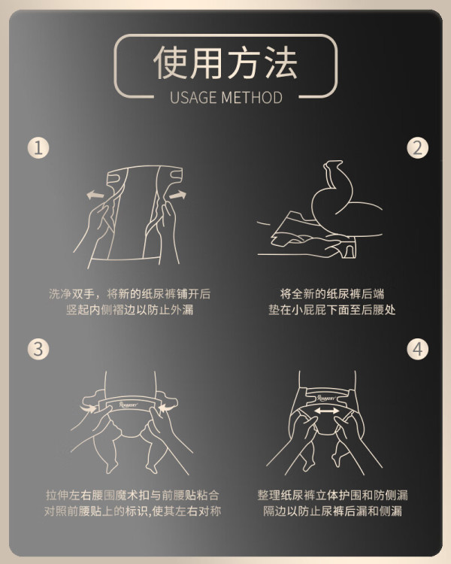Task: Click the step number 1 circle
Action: (x=38, y=148)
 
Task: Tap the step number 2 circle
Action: (x=418, y=148)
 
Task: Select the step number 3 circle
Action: (x=38, y=349)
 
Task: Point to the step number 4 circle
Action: (x=418, y=349)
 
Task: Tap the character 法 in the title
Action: (x=281, y=62)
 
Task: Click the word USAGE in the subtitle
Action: (x=193, y=98)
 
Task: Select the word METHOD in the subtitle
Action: (x=252, y=98)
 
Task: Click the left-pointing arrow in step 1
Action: (x=95, y=195)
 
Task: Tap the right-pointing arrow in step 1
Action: (x=177, y=195)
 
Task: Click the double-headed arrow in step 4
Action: (x=326, y=411)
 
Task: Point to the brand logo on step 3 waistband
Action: (x=129, y=405)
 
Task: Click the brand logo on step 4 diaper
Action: (x=326, y=398)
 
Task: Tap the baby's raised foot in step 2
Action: (x=333, y=169)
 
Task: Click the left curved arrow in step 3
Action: (x=89, y=408)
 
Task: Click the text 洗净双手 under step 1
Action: (x=71, y=294)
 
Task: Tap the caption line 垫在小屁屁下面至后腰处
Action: (x=332, y=310)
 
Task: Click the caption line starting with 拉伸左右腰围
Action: (x=132, y=496)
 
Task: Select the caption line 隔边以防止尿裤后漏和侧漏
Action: (x=332, y=511)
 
